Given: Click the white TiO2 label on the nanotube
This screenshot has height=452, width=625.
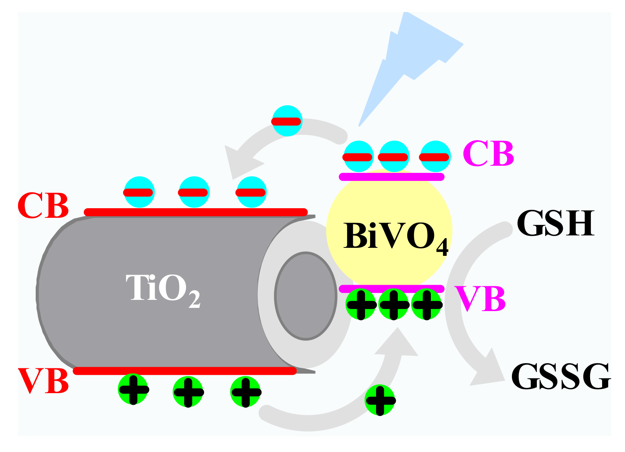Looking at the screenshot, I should [x=162, y=288].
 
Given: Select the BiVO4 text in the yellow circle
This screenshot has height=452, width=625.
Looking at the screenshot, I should [x=395, y=236].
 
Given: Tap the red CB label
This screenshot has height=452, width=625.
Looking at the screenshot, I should [x=43, y=205].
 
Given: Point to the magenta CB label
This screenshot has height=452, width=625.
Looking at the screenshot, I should [x=488, y=153].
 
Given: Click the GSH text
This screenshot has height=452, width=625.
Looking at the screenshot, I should [x=555, y=223].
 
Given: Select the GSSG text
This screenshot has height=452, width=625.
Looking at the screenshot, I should [x=561, y=376].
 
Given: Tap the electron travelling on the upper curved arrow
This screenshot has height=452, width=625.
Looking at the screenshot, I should [x=287, y=121].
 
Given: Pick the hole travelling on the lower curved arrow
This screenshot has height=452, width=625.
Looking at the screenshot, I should [x=380, y=400].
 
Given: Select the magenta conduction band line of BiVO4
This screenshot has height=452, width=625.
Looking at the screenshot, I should [x=392, y=177].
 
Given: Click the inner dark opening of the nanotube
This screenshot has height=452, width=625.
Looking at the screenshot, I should [x=305, y=296].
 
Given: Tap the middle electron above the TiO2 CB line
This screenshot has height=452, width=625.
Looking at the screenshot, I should [x=194, y=192].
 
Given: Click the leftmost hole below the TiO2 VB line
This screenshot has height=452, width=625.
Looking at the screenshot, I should [x=133, y=389].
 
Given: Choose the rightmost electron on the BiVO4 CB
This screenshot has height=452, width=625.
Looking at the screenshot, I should [x=435, y=157].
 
